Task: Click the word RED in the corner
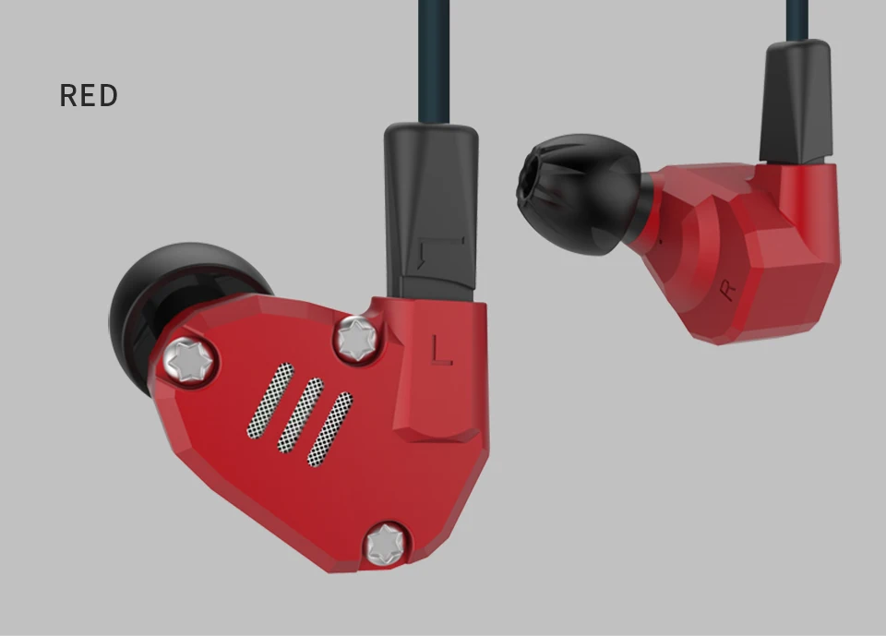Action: [x=89, y=96]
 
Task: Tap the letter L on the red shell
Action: [x=441, y=349]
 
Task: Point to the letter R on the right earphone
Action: [x=728, y=290]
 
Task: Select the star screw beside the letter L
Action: [x=356, y=339]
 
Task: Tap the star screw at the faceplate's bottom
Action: [x=386, y=544]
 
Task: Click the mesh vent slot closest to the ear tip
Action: [x=270, y=401]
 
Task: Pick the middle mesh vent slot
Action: [x=301, y=415]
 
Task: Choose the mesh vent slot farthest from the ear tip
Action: [x=330, y=429]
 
